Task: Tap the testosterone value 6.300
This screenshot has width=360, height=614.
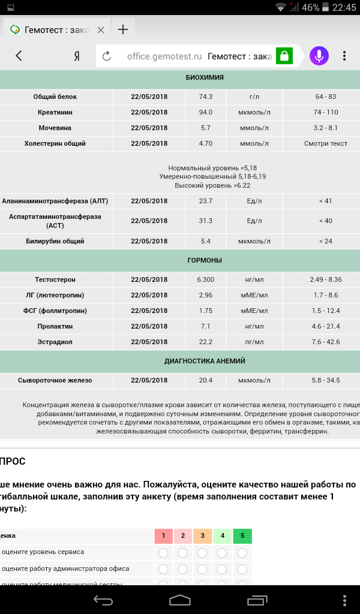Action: [x=205, y=279]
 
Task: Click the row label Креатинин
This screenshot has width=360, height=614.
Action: [x=55, y=112]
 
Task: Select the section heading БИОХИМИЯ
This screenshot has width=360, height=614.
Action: [x=205, y=77]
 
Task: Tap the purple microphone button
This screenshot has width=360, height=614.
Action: [x=319, y=56]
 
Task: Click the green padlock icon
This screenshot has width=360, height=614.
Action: [x=284, y=56]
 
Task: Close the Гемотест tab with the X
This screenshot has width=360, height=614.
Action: [x=101, y=30]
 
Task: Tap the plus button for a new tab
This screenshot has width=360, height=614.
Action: [x=123, y=30]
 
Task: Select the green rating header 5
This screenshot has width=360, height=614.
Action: [x=242, y=535]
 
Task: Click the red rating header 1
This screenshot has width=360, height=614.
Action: [x=163, y=535]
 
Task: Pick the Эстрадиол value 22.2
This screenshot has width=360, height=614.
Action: [x=205, y=342]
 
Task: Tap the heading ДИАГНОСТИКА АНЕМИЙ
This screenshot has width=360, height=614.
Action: [x=205, y=361]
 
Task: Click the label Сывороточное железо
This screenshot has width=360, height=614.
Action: [x=55, y=380]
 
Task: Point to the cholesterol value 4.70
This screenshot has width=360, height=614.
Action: [x=205, y=143]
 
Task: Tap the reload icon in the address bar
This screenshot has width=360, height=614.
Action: [x=107, y=56]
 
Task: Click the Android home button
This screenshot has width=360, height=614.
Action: [x=180, y=600]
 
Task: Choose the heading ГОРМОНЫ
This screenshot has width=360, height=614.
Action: [x=205, y=260]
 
